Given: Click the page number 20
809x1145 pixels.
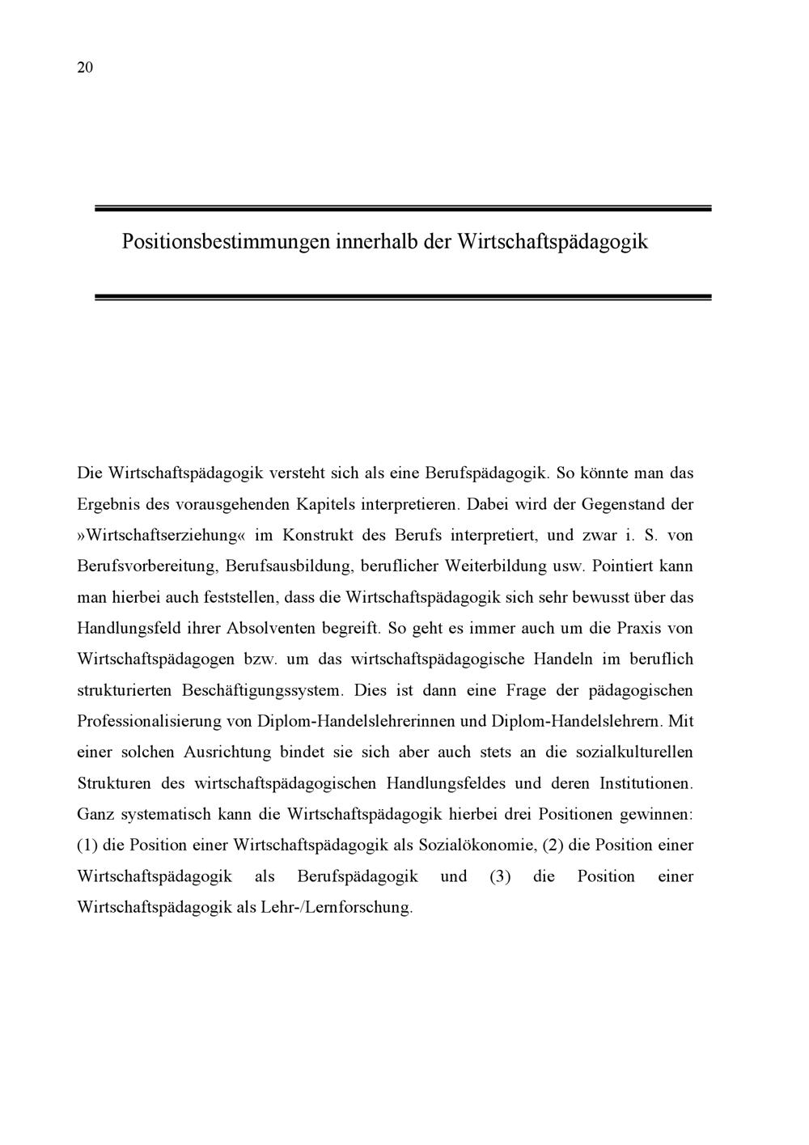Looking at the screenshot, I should (x=85, y=68).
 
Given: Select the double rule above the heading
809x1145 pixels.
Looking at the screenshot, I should (x=403, y=209).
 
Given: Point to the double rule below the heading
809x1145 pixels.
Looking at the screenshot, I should (x=403, y=297).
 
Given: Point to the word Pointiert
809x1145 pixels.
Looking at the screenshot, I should (x=625, y=566).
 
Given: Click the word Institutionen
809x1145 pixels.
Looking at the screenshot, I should (x=643, y=783).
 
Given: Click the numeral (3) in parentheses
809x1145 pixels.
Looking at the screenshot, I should (x=500, y=876).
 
